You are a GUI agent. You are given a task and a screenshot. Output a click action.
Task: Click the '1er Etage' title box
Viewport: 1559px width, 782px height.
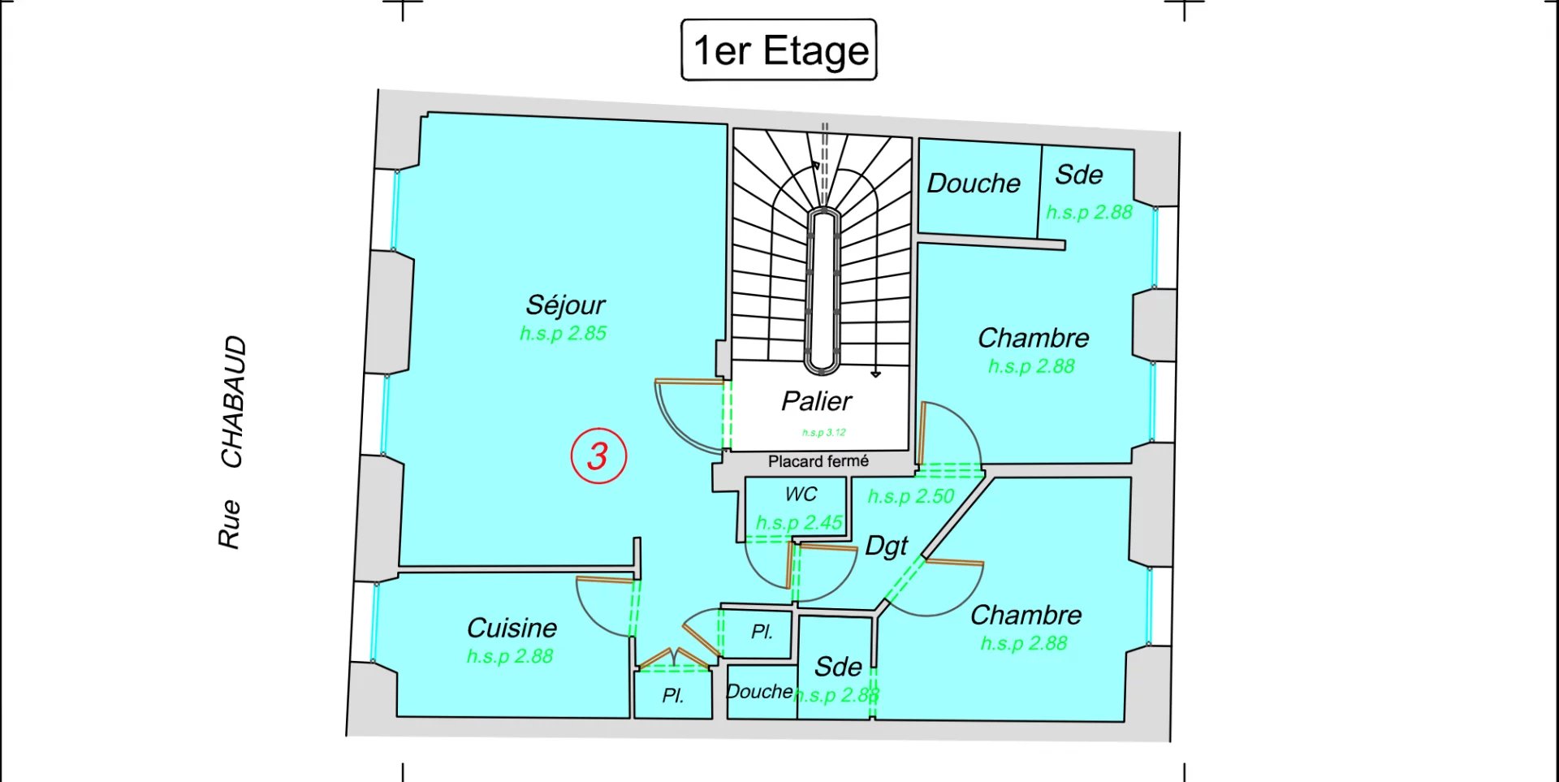point(779,50)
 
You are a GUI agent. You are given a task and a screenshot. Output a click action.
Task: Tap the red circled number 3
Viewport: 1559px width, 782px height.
point(598,456)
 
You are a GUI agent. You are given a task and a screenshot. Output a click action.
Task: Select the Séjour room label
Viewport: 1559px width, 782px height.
point(565,305)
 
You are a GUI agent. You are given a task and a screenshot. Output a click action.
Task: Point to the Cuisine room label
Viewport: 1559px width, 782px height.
point(512,628)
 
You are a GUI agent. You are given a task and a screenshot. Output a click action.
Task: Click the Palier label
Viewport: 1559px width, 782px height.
point(816,401)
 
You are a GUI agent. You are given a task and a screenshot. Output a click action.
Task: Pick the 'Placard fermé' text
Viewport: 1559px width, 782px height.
point(818,461)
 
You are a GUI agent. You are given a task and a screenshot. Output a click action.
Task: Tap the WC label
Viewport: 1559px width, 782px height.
point(801,495)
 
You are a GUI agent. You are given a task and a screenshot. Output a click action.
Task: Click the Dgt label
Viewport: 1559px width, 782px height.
point(886,547)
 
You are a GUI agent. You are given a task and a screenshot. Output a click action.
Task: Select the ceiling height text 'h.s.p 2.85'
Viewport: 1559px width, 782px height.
point(563,333)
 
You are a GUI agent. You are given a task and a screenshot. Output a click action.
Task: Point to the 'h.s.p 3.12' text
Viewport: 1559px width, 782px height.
point(823,433)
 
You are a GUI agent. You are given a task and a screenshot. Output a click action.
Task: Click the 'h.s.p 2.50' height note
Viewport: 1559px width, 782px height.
point(910,496)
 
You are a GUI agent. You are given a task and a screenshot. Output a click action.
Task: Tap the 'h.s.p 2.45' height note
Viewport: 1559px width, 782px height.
point(799,522)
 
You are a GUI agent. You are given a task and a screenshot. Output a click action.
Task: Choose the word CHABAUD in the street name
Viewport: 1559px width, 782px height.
point(234,402)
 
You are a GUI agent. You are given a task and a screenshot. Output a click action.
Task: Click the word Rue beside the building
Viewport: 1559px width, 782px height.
point(230,525)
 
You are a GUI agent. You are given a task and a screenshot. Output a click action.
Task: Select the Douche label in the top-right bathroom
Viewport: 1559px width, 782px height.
point(974,184)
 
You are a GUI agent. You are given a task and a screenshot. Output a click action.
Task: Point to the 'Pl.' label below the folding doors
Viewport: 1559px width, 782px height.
point(672,696)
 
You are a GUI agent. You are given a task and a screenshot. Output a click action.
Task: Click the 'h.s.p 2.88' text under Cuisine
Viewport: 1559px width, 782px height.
point(509,656)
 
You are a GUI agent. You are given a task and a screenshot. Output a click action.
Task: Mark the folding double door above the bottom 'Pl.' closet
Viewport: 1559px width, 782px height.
point(674,659)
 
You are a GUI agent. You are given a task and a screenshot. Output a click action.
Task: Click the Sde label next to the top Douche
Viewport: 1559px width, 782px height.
point(1079,175)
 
